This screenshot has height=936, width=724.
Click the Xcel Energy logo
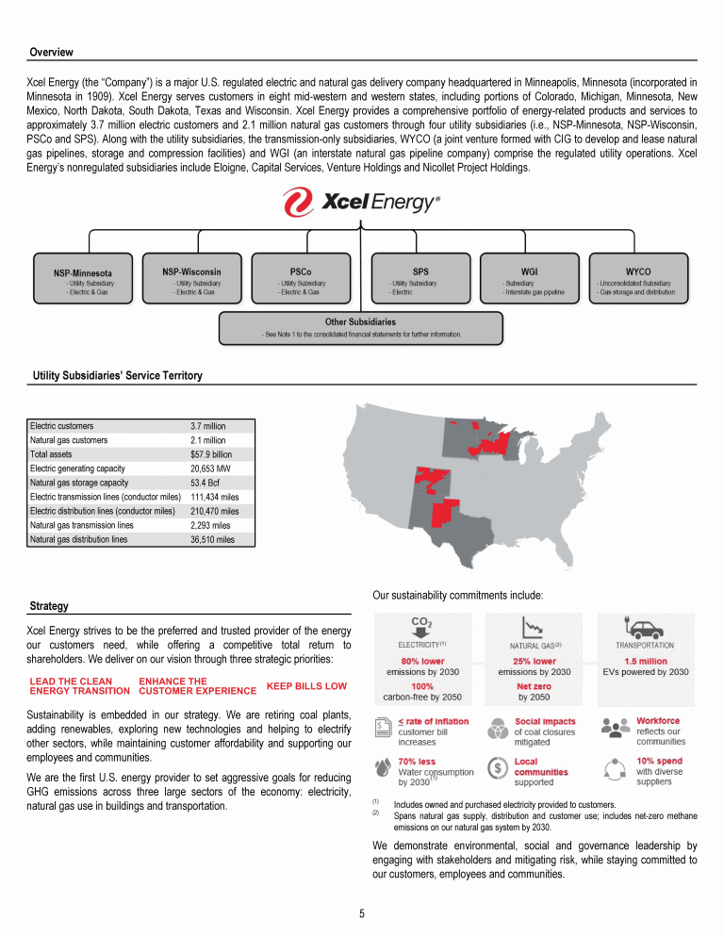[362, 203]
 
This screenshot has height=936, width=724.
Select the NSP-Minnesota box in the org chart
[83, 280]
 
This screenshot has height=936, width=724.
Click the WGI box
[529, 278]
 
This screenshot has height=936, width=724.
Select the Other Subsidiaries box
[360, 327]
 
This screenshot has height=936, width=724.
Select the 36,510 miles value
[210, 539]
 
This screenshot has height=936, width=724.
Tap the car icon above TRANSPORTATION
[643, 627]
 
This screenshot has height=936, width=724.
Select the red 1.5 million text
[646, 661]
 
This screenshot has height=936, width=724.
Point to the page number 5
[362, 912]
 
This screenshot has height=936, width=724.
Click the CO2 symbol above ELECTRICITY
[422, 622]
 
